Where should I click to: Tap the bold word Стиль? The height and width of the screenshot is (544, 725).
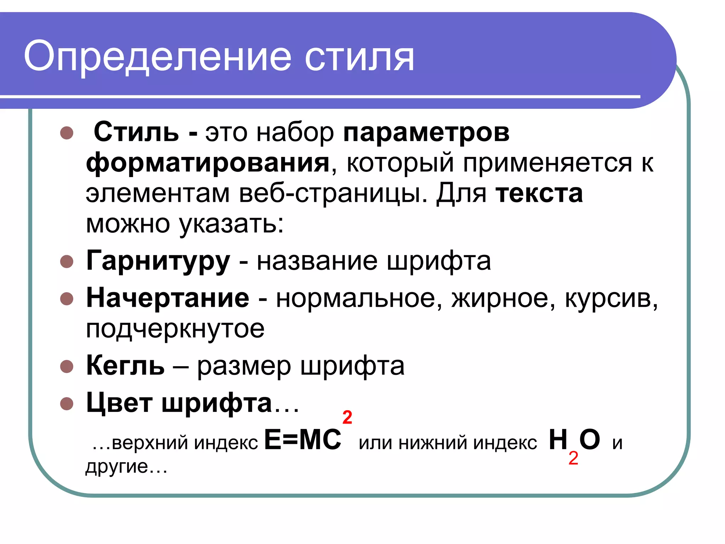(136, 132)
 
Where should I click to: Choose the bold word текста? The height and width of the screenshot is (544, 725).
(539, 194)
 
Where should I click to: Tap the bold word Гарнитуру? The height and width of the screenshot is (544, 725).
(158, 261)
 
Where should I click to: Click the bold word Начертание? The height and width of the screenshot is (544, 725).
(168, 298)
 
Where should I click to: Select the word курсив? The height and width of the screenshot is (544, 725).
(611, 298)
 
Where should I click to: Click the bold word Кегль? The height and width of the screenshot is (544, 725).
(125, 365)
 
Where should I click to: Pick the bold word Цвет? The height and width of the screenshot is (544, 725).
(119, 403)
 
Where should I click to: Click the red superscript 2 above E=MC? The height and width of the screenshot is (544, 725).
(347, 418)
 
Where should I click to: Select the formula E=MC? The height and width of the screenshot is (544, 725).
(303, 440)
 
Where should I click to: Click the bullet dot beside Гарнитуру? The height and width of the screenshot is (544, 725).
(67, 262)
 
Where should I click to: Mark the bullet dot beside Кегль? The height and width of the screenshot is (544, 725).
(67, 366)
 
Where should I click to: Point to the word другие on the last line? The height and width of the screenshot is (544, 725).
(117, 466)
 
